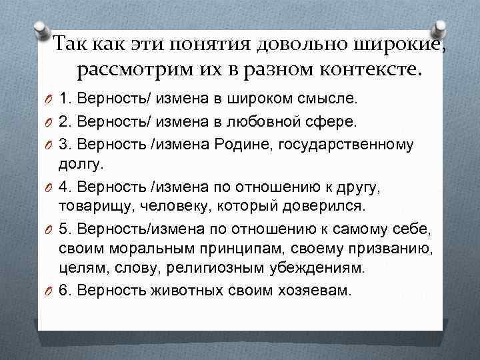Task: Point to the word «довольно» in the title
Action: (292, 45)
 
